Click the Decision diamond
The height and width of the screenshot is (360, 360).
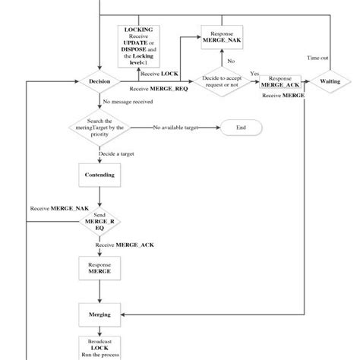[x=99, y=81]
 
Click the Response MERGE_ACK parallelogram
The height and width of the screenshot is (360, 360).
[x=281, y=81]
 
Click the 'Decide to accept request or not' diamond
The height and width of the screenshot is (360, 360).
[x=221, y=81]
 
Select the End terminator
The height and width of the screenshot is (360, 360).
[x=241, y=128]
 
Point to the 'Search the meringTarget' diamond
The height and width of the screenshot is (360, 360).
[x=99, y=128]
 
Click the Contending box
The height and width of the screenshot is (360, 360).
[x=99, y=175]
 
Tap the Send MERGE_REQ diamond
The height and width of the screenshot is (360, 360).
[x=99, y=222]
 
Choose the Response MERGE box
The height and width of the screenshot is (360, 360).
[x=99, y=267]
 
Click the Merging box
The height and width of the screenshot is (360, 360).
[x=99, y=314]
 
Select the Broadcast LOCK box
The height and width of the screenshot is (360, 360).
[x=99, y=347]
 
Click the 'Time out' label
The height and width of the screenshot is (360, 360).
[x=317, y=58]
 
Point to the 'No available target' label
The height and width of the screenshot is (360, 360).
[x=175, y=128]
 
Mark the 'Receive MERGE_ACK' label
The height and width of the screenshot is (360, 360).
[x=126, y=245]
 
